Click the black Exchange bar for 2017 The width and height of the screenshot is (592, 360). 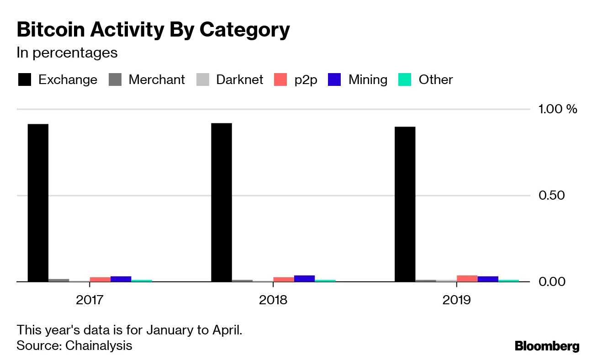(x=38, y=203)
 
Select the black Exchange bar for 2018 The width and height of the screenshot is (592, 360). (x=222, y=202)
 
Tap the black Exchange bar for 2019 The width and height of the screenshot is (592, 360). (x=405, y=204)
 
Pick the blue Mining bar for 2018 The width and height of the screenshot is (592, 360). (x=304, y=278)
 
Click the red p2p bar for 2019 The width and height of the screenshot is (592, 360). (x=467, y=278)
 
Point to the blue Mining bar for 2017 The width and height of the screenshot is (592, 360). (x=121, y=279)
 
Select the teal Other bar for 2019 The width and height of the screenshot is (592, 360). (x=508, y=281)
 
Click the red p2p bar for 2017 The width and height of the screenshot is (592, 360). (x=100, y=279)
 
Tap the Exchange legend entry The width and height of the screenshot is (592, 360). (x=58, y=79)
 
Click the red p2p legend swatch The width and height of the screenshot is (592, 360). (x=280, y=79)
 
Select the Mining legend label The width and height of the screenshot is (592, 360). (x=368, y=79)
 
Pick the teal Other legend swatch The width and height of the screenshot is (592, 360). (x=405, y=79)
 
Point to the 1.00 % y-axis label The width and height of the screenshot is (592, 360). (x=558, y=109)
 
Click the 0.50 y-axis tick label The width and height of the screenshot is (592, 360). (x=551, y=196)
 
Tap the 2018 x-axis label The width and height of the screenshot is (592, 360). (x=273, y=300)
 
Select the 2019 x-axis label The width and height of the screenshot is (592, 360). (x=456, y=300)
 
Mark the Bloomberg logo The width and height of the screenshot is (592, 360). (x=547, y=346)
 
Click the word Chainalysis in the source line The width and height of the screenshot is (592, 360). (x=99, y=345)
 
